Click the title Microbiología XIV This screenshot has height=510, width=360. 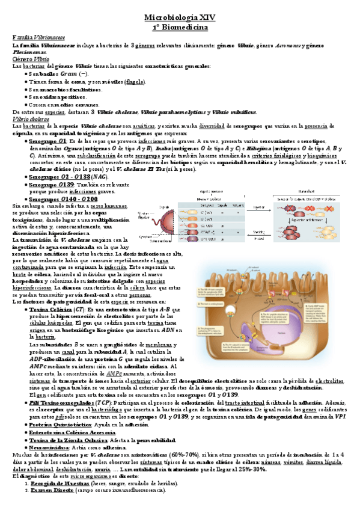(180, 19)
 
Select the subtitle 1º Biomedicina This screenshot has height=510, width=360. (180, 28)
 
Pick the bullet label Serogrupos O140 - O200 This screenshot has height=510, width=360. (63, 199)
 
